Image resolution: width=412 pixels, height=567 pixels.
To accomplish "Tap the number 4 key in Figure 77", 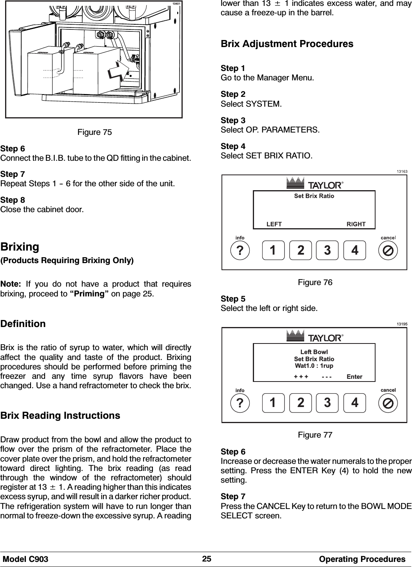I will [354, 403].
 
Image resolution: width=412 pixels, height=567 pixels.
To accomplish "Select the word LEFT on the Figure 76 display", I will [274, 224].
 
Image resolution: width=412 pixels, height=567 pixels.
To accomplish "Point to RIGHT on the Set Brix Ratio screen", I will [356, 224].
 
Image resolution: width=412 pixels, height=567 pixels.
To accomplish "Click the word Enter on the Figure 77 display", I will [354, 377].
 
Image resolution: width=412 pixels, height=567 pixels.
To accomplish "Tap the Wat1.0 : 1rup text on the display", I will [314, 366].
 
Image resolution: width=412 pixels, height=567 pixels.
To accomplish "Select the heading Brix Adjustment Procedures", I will [287, 44].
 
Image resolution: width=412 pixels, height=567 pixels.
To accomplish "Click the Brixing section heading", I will [20, 247].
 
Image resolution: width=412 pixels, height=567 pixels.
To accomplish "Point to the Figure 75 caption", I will [94, 132].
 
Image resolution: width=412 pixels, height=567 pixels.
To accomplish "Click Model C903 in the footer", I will [25, 559].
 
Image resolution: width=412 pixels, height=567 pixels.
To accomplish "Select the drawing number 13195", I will [402, 324].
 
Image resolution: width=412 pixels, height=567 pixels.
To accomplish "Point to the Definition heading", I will [23, 324].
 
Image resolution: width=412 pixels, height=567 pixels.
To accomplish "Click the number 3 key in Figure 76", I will [327, 250].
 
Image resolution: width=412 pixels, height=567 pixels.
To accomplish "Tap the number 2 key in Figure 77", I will [300, 403].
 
